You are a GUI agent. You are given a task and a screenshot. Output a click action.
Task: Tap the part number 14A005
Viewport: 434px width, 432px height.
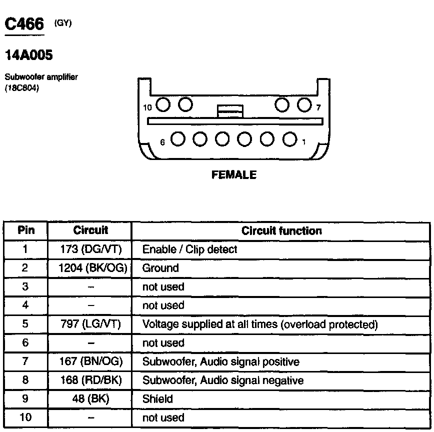click(x=28, y=55)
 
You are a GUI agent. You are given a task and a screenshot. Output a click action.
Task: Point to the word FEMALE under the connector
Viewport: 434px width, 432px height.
click(x=234, y=175)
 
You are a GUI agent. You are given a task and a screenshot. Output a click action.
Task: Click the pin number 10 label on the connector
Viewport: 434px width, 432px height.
click(x=147, y=107)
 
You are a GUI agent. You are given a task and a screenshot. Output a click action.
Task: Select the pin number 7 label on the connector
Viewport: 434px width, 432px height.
click(x=318, y=107)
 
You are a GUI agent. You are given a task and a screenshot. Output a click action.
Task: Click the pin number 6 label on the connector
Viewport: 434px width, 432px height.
click(x=162, y=142)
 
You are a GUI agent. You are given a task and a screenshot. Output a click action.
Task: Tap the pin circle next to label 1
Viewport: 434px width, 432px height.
click(x=289, y=139)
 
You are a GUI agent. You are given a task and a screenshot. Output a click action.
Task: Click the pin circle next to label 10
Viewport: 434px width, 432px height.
click(x=163, y=105)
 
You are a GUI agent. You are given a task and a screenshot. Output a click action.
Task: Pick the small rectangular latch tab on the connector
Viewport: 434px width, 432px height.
click(x=230, y=111)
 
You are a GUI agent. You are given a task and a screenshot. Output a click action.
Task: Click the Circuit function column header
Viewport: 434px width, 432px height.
click(x=281, y=230)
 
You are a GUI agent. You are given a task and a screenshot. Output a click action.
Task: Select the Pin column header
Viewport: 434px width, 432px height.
click(x=26, y=230)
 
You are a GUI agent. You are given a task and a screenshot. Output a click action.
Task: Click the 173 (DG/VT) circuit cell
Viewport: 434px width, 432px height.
click(x=90, y=249)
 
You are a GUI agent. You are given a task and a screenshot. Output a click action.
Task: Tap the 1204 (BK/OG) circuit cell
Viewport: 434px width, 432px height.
click(x=90, y=268)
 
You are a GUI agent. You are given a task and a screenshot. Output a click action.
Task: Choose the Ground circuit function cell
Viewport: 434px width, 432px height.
click(x=160, y=268)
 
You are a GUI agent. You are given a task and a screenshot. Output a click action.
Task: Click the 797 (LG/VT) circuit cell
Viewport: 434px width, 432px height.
click(x=90, y=324)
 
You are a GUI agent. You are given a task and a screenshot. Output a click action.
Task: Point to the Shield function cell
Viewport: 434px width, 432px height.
click(x=157, y=399)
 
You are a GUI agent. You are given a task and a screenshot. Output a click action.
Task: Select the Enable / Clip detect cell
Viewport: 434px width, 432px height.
click(x=189, y=249)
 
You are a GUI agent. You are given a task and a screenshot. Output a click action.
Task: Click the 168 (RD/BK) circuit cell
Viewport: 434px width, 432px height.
click(x=90, y=380)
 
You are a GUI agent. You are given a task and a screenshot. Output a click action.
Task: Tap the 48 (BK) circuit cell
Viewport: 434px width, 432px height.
click(x=90, y=399)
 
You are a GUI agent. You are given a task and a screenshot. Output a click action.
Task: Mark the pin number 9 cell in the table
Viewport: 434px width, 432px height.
click(x=26, y=399)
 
